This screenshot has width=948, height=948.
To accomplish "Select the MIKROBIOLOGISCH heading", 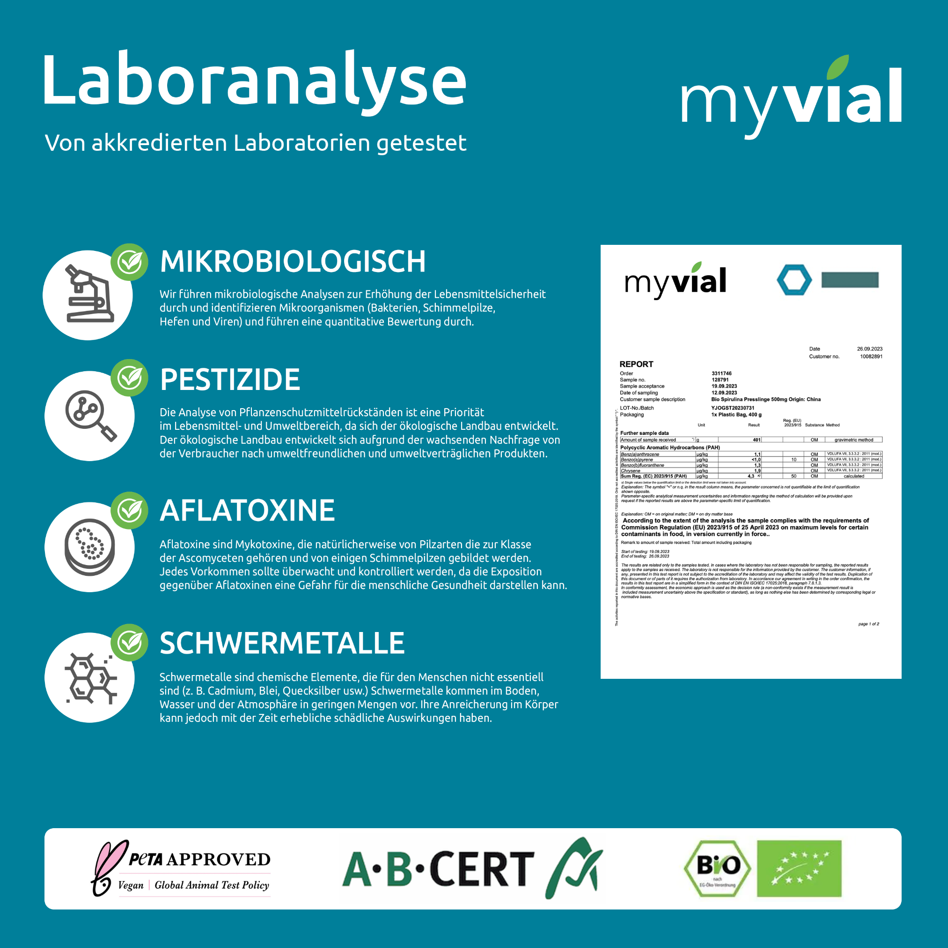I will click(293, 261).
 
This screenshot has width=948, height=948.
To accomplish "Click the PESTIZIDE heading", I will click(230, 379).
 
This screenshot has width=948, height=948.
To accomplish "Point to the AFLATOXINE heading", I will click(247, 510).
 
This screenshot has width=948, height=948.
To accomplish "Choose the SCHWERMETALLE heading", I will click(282, 643).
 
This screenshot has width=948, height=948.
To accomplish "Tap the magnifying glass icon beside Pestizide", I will click(90, 415).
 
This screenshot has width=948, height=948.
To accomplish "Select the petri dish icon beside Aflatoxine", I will click(90, 547).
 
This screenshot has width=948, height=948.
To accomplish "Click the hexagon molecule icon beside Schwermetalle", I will click(90, 677).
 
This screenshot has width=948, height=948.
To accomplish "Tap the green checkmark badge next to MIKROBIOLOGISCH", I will click(130, 262).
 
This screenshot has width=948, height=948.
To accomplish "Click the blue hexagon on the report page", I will click(794, 279).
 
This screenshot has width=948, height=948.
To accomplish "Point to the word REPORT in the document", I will click(636, 364).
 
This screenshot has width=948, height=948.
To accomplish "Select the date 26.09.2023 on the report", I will click(869, 349).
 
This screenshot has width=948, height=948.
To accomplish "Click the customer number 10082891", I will click(870, 357).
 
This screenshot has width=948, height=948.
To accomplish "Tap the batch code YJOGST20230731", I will click(733, 408).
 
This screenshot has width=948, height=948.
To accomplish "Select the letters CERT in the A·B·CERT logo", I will click(481, 869).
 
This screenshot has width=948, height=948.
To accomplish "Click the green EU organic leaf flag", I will click(799, 868).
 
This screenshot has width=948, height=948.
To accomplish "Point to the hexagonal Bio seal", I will click(717, 868).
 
